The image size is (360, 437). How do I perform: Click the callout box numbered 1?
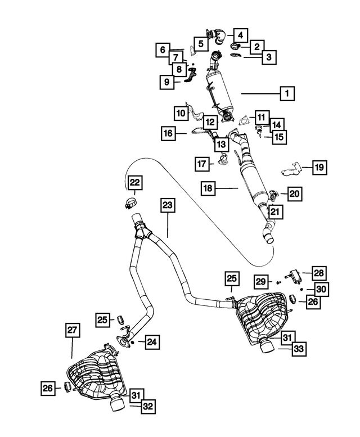click(x=287, y=93)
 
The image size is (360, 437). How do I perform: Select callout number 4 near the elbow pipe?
click(x=240, y=35)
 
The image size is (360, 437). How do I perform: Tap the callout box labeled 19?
click(x=319, y=167)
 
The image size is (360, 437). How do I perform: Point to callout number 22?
click(x=135, y=183)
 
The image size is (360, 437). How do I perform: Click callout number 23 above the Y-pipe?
click(x=168, y=205)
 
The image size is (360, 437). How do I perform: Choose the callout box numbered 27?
click(x=72, y=330)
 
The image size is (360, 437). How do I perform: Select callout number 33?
click(x=299, y=348)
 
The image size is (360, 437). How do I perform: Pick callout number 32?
click(x=148, y=406)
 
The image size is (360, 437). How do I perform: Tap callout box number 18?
click(x=208, y=188)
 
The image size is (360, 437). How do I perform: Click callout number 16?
click(x=168, y=133)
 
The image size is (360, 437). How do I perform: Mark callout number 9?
click(x=167, y=82)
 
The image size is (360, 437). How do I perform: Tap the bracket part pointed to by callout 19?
click(x=290, y=169)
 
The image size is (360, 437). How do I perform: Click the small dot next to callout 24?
click(x=133, y=342)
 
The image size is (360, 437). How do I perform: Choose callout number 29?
click(x=261, y=281)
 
